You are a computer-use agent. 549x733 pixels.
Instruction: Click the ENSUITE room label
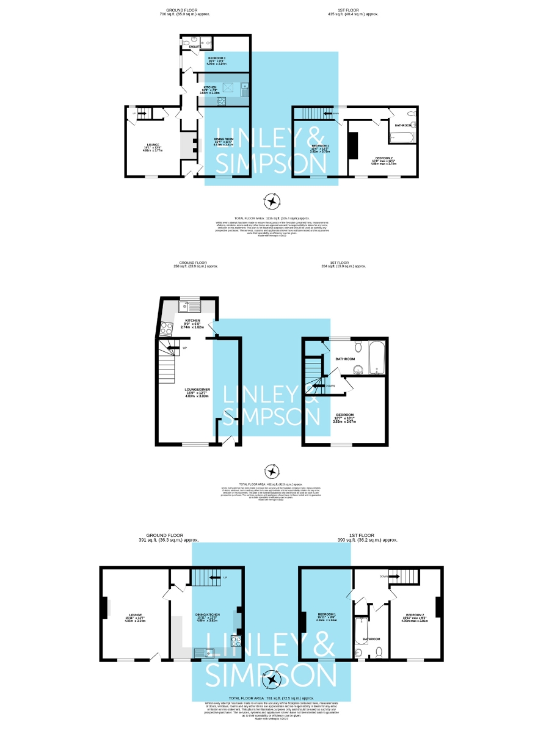click(195, 46)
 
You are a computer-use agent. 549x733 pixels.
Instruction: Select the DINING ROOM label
click(224, 142)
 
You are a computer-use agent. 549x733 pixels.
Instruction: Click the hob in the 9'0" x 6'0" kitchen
click(165, 330)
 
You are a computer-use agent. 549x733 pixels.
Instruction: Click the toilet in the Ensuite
click(185, 43)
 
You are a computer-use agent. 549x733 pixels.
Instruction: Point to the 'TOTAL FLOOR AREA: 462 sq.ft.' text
click(274, 484)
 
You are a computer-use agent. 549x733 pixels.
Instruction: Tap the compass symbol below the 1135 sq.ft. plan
click(271, 200)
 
